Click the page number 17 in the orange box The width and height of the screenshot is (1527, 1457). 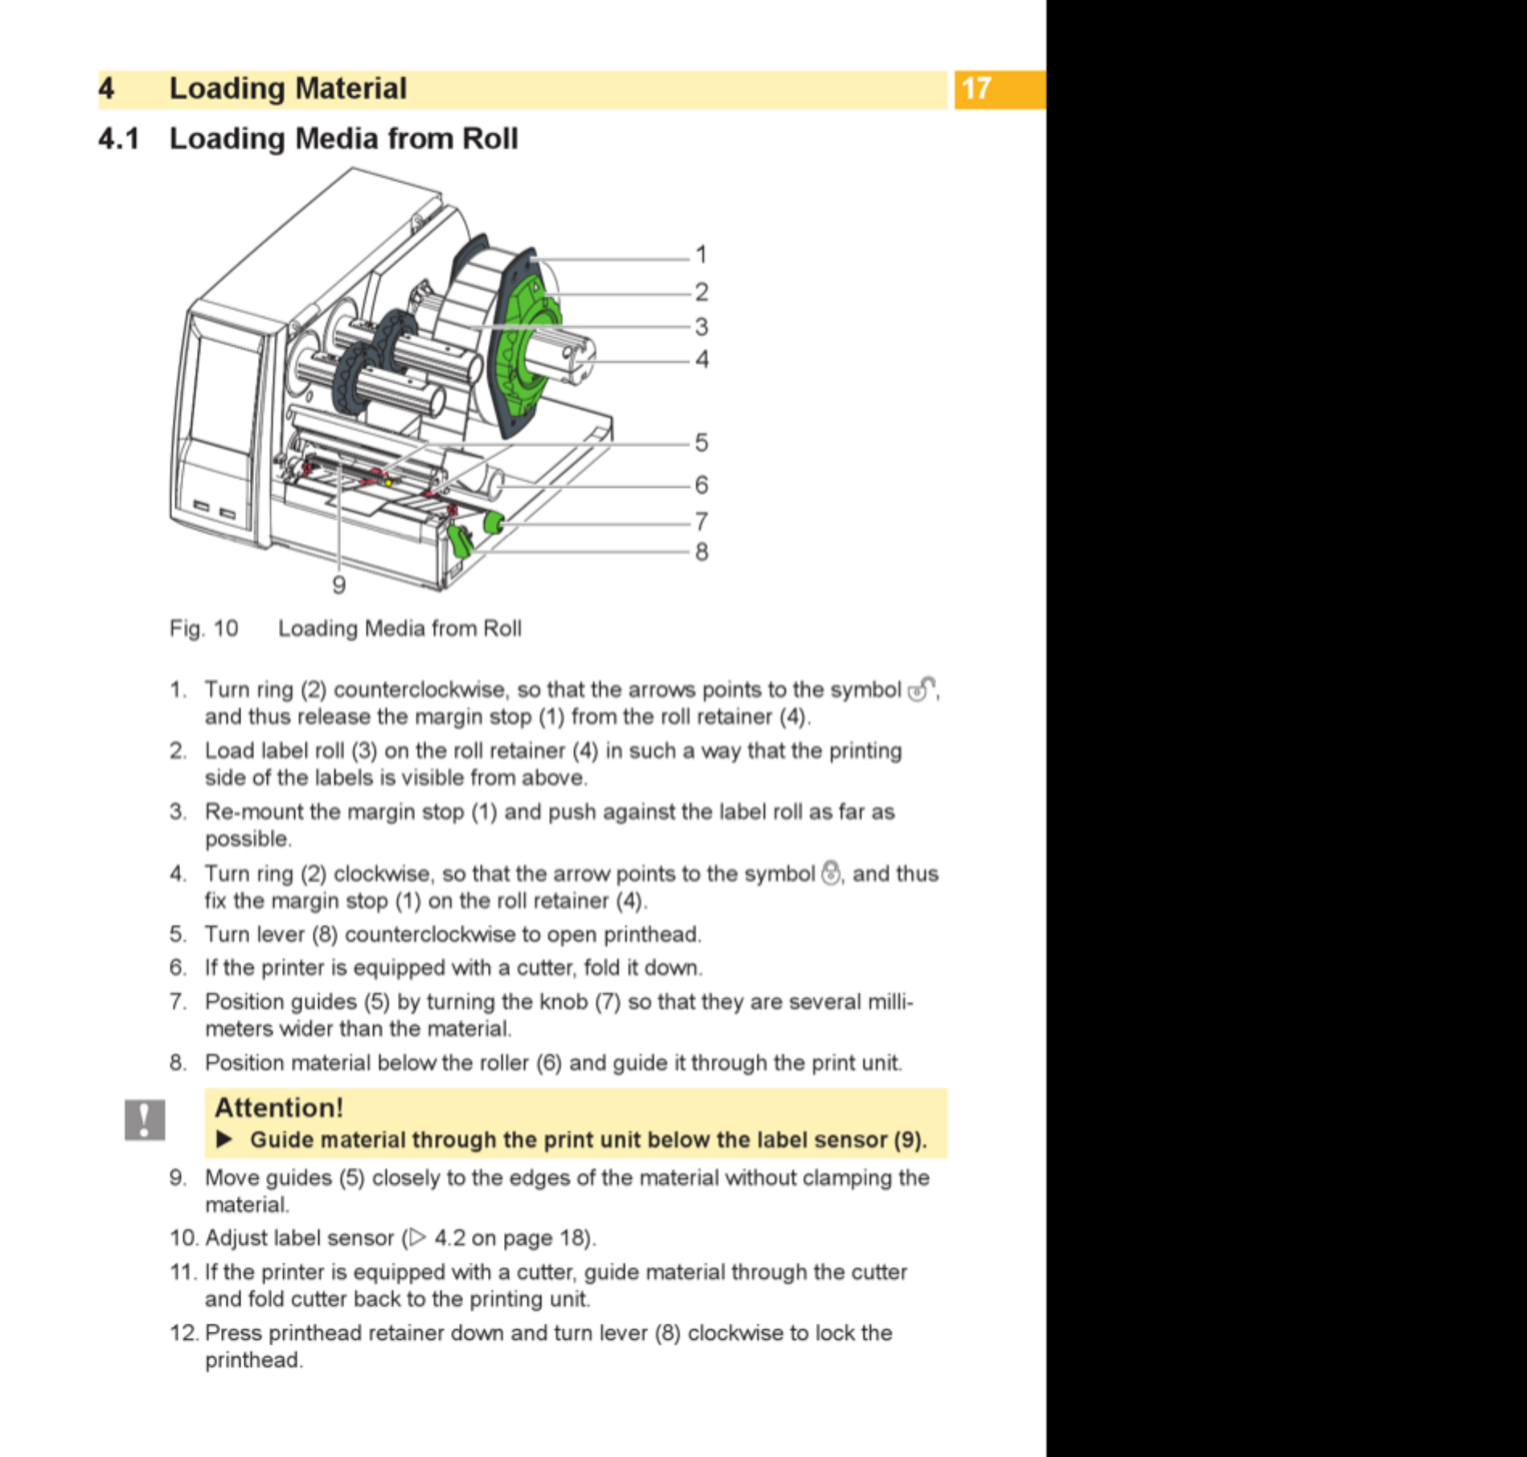point(976,88)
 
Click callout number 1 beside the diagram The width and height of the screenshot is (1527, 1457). point(701,255)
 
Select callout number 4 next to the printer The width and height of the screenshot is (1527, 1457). point(702,359)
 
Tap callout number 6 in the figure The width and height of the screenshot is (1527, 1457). point(702,484)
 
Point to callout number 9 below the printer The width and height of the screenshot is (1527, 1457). point(339,585)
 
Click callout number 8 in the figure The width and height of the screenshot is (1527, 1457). point(702,552)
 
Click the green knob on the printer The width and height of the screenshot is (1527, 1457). point(493,524)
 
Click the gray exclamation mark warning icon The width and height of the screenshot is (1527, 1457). point(145,1119)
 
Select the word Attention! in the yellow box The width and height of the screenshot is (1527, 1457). point(279,1108)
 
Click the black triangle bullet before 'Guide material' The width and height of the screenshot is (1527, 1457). point(224,1140)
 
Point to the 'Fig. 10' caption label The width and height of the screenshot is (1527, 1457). point(203,628)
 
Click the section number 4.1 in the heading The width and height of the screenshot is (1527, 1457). point(119,139)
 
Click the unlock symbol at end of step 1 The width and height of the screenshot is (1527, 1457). point(921,689)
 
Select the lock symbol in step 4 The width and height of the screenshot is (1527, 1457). point(831,872)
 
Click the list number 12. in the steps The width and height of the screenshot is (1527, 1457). point(183,1333)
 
